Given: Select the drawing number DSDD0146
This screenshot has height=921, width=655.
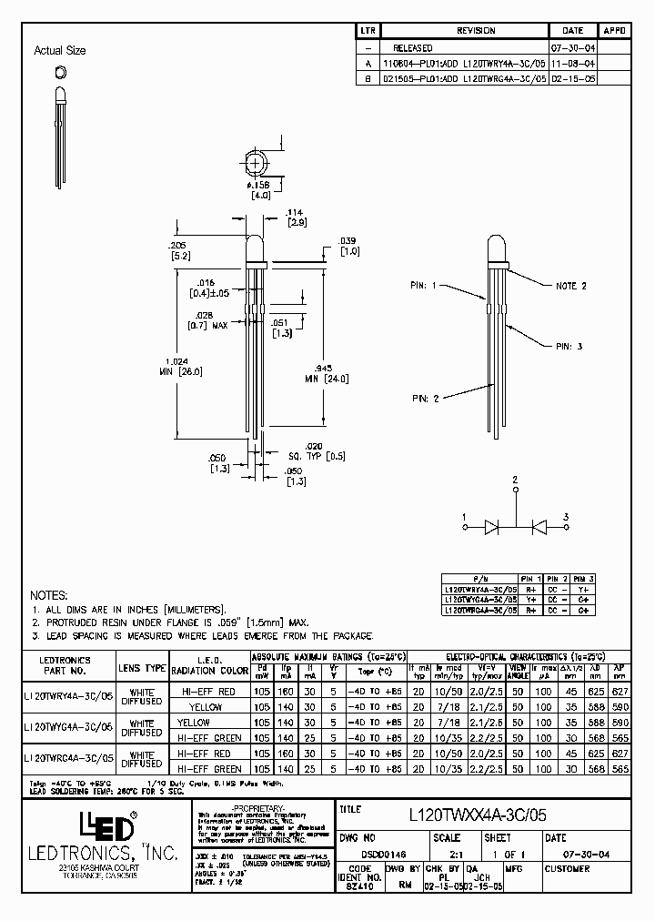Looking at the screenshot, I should tap(365, 854).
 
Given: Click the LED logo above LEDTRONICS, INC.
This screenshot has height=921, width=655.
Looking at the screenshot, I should tap(109, 826).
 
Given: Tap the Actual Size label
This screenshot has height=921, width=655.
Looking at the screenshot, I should tap(59, 51).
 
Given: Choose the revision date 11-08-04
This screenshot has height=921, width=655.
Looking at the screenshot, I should tap(573, 65).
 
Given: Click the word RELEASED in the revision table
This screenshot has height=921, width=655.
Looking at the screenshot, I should tap(413, 47).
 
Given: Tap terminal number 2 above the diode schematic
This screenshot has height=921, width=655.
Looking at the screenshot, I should tap(515, 479).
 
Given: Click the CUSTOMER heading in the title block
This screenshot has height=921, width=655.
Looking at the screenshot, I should tap(567, 869).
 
